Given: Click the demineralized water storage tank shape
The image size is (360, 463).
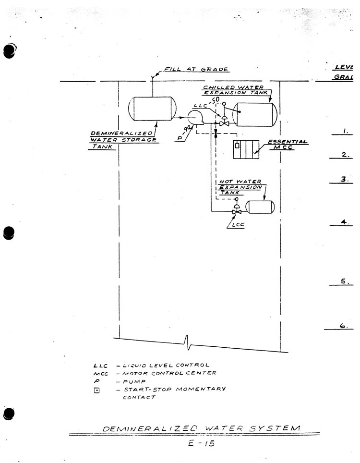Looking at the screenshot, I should coord(152,109).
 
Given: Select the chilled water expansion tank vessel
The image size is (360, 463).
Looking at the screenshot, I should coord(254,114).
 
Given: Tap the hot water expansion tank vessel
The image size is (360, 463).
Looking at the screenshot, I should coord(260,207).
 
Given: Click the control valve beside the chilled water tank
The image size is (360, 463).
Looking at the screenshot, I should coord(223,123).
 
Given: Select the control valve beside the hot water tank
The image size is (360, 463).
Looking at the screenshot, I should coord(236,211).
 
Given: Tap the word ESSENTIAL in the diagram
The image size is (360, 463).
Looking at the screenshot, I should coord(287,142).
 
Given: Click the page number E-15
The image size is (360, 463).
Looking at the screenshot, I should coord(202,443).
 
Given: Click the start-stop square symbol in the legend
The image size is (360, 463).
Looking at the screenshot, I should coord(96,390).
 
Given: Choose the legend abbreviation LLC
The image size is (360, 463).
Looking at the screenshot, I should coord(99,365).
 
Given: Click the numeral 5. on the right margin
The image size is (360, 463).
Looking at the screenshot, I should coord(344,282).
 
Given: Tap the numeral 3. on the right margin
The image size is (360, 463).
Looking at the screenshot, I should coord(344,179).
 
